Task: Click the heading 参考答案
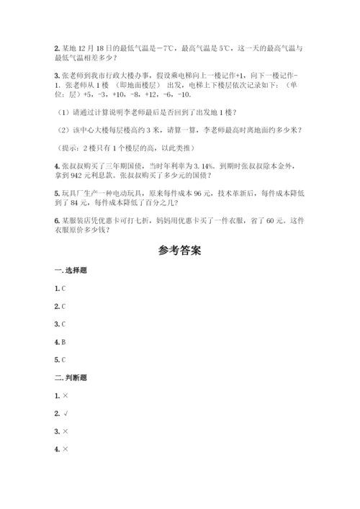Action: (x=179, y=251)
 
